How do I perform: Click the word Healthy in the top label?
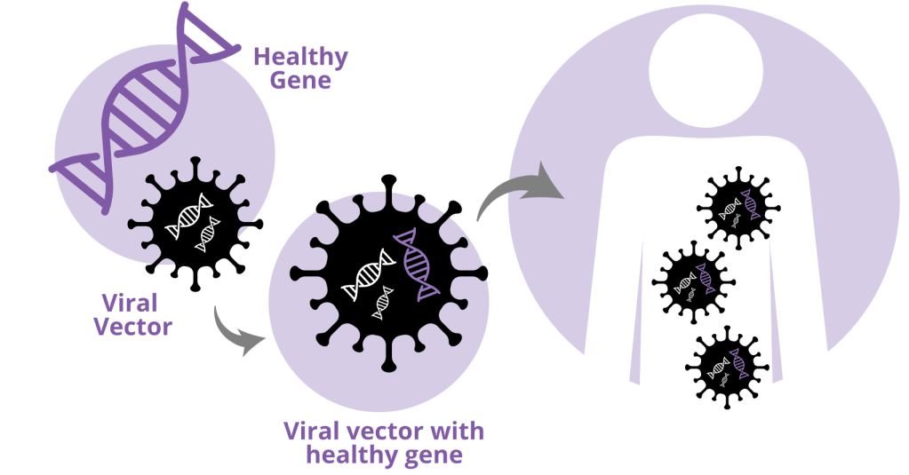[300, 58]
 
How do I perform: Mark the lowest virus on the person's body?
[726, 366]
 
